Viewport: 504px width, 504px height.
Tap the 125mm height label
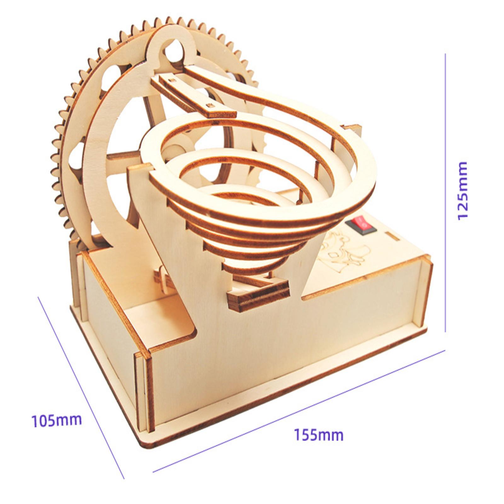click(462, 191)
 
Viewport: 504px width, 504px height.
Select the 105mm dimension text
click(57, 421)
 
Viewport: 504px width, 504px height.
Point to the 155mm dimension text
click(319, 435)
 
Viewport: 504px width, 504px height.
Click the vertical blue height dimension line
click(445, 192)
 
